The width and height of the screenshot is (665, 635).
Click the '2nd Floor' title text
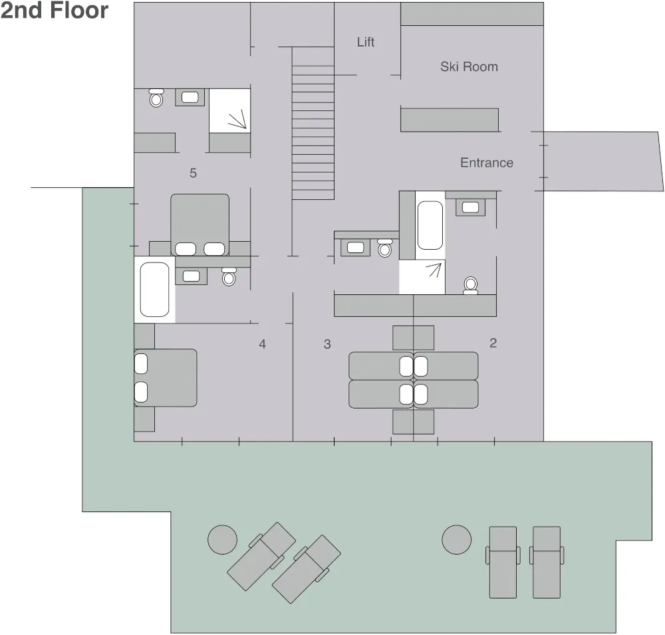(x=55, y=11)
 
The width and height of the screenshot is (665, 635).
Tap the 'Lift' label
(x=366, y=42)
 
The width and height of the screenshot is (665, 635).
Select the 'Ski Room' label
(x=469, y=66)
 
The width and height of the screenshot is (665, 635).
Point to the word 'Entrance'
(x=487, y=163)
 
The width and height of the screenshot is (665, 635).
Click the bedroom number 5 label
(x=193, y=173)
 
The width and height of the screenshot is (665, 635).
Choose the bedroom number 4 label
(x=263, y=344)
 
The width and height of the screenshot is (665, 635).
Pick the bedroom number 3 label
(x=327, y=344)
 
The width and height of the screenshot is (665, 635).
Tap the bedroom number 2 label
(x=493, y=343)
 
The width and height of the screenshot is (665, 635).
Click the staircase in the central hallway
(x=313, y=123)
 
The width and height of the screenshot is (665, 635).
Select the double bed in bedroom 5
(x=199, y=225)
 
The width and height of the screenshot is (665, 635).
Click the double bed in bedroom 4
(x=166, y=378)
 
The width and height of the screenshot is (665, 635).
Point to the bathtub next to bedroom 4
(x=154, y=290)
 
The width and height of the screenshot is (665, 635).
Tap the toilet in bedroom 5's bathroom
(x=156, y=98)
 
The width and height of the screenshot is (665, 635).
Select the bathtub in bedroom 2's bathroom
(x=430, y=225)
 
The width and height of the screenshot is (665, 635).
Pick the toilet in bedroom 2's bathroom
(x=471, y=285)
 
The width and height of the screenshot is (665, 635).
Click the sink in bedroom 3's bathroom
(x=355, y=247)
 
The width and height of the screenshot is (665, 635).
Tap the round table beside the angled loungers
(x=222, y=540)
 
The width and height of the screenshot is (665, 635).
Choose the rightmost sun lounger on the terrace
(x=547, y=562)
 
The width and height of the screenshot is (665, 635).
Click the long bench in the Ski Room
(x=450, y=120)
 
